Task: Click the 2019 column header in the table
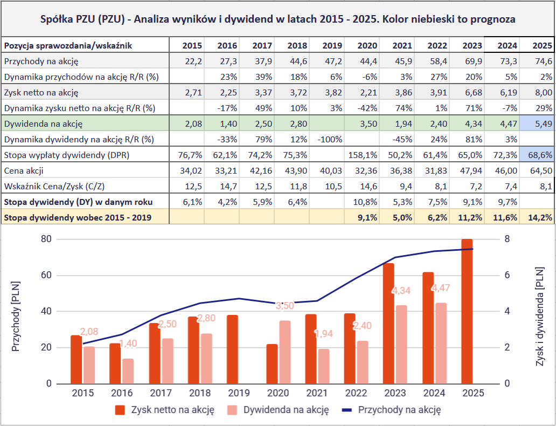click(326, 45)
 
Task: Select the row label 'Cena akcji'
click(24, 171)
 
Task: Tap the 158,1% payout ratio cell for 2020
click(361, 155)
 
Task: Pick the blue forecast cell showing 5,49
click(537, 124)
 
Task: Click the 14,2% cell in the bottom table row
click(537, 218)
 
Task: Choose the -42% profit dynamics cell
click(361, 108)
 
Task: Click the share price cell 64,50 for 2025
click(537, 171)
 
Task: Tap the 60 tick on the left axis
click(46, 276)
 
